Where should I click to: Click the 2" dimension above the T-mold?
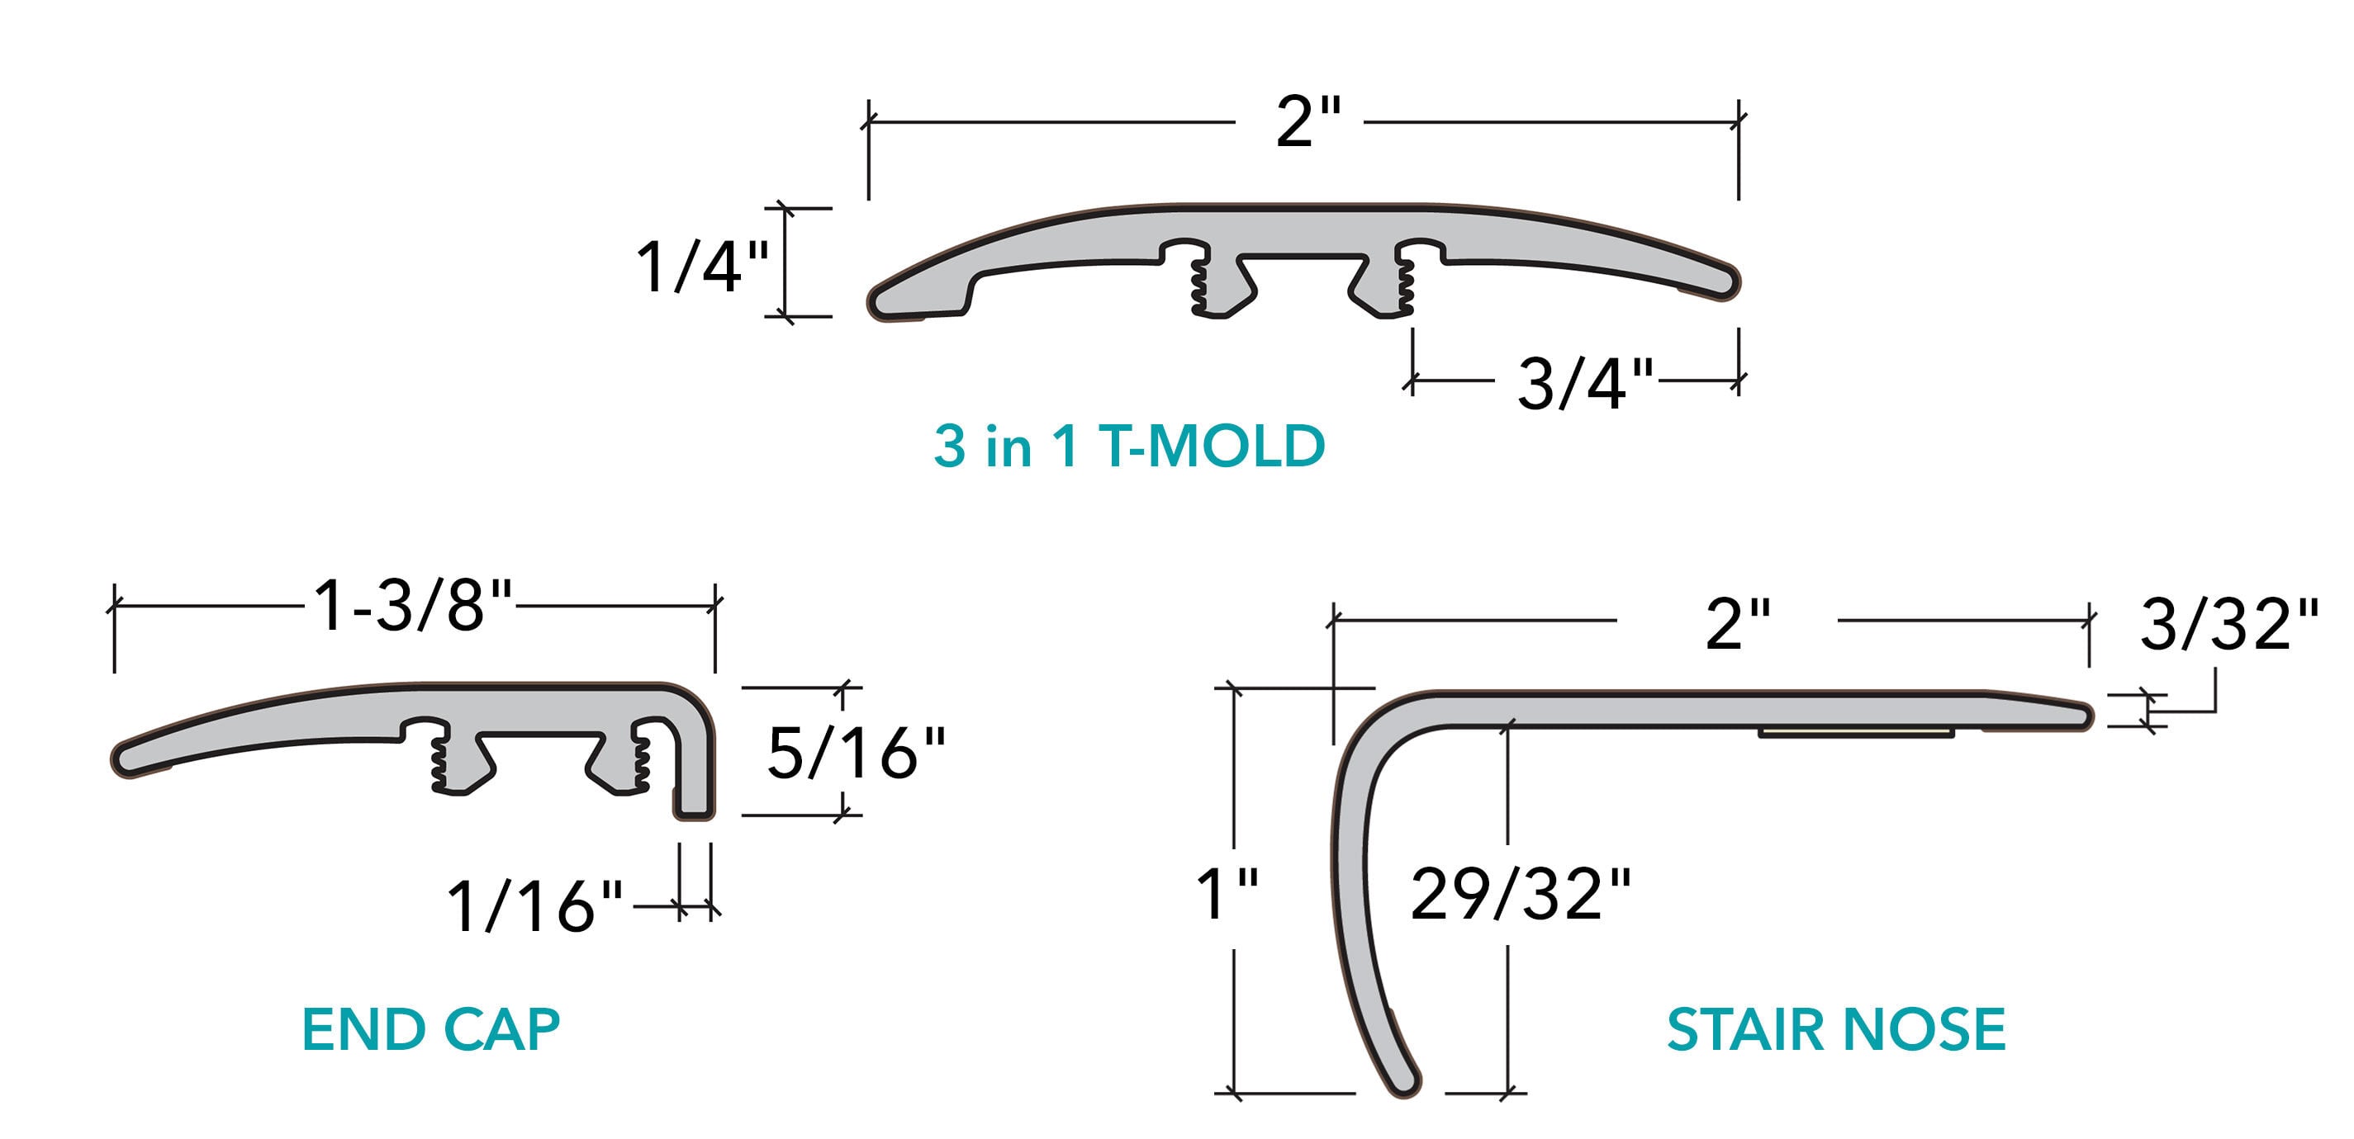[1308, 122]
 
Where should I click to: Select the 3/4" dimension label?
[1586, 383]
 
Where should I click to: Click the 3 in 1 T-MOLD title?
[1129, 447]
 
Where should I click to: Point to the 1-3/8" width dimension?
[413, 606]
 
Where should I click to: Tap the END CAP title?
[430, 1029]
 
